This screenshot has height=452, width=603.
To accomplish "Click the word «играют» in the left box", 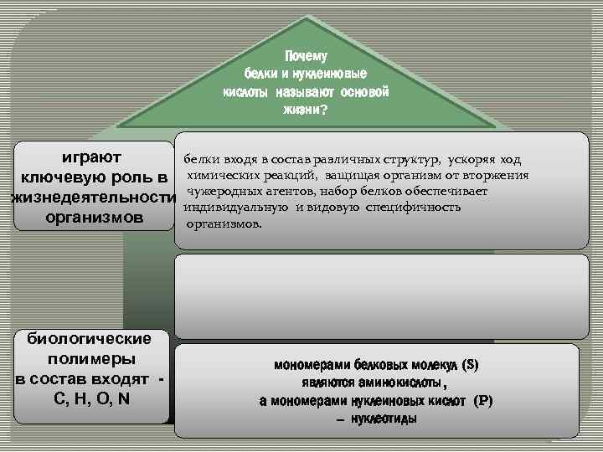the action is pyautogui.click(x=92, y=157).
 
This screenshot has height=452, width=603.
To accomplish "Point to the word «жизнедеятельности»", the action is pyautogui.click(x=93, y=198).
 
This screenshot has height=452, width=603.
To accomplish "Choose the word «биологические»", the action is pyautogui.click(x=90, y=339).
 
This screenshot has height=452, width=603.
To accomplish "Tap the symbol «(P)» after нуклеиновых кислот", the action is pyautogui.click(x=483, y=401).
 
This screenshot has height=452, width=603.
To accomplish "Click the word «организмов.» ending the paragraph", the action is pyautogui.click(x=224, y=224).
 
